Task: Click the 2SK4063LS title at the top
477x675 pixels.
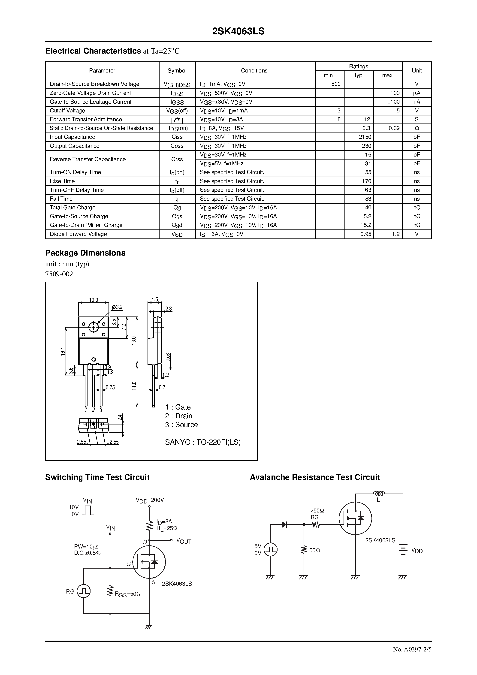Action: click(x=238, y=31)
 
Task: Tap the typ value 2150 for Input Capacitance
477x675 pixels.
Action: click(x=365, y=137)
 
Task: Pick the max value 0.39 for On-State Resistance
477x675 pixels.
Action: click(x=394, y=128)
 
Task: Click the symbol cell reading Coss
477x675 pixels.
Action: click(x=177, y=146)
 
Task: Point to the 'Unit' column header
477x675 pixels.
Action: click(x=417, y=71)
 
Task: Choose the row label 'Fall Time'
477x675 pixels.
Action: click(x=61, y=199)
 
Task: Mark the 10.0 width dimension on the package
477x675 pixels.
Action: click(x=94, y=300)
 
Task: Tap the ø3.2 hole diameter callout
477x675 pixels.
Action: click(x=117, y=307)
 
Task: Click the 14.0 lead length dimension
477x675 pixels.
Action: click(x=134, y=386)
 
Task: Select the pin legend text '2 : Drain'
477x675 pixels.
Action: click(x=178, y=416)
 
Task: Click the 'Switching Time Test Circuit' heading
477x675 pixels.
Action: click(x=97, y=477)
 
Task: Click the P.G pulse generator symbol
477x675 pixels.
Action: click(x=84, y=591)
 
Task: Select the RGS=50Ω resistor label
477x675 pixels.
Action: click(x=128, y=594)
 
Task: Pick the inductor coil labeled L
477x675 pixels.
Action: click(x=379, y=494)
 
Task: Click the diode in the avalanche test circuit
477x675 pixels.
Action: click(x=284, y=524)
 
